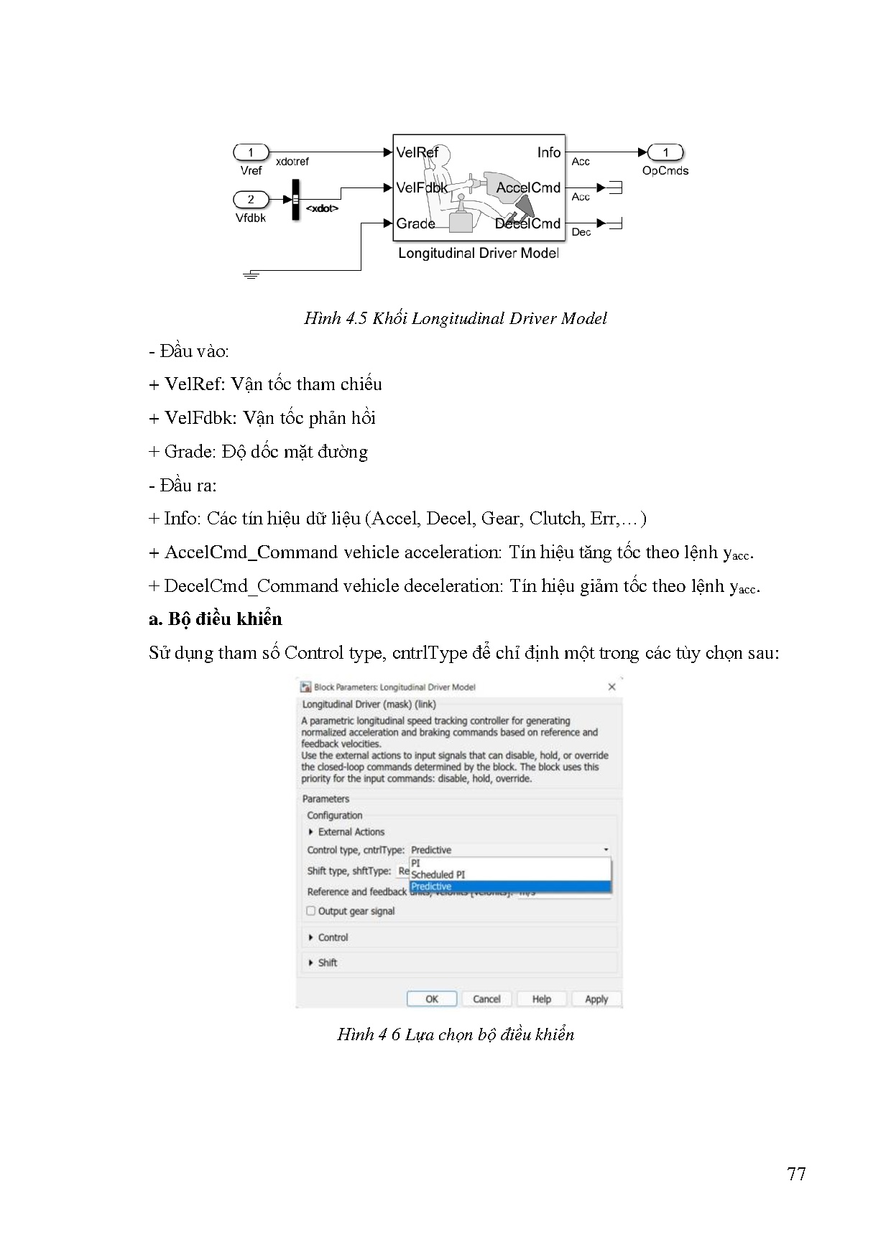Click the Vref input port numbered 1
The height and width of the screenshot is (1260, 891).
pyautogui.click(x=250, y=152)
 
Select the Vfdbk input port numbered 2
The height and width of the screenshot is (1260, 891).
pyautogui.click(x=251, y=200)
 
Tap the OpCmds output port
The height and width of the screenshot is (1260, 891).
pyautogui.click(x=665, y=152)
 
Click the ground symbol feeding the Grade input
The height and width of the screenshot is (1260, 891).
pyautogui.click(x=250, y=274)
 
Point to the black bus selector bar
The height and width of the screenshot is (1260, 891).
pyautogui.click(x=295, y=200)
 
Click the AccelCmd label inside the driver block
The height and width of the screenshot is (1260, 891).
pyautogui.click(x=528, y=188)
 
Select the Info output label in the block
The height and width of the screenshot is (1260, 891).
pyautogui.click(x=548, y=152)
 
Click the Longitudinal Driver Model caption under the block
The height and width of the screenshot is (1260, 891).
pyautogui.click(x=478, y=253)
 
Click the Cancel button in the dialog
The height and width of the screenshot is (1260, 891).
pyautogui.click(x=486, y=999)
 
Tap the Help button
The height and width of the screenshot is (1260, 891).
pyautogui.click(x=541, y=999)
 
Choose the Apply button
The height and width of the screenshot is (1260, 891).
pyautogui.click(x=596, y=999)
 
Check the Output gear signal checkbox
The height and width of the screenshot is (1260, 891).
pyautogui.click(x=311, y=911)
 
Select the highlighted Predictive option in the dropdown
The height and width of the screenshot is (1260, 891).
pyautogui.click(x=432, y=886)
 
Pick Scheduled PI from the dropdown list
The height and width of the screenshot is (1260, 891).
pyautogui.click(x=438, y=874)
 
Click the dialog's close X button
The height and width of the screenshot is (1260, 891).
pyautogui.click(x=611, y=687)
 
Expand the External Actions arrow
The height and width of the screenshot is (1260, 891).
pyautogui.click(x=311, y=832)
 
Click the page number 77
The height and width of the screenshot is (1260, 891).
pyautogui.click(x=796, y=1174)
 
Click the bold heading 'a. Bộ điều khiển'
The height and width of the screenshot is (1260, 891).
pyautogui.click(x=216, y=619)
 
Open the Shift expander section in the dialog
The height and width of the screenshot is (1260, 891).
pyautogui.click(x=311, y=963)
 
